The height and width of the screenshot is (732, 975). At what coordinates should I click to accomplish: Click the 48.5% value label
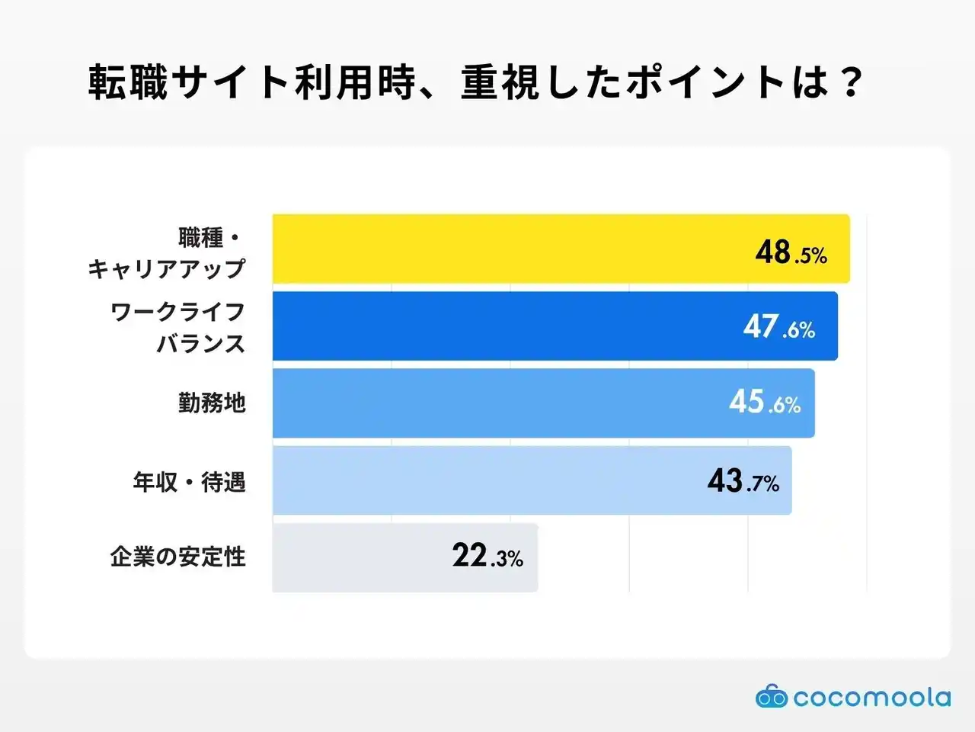791,252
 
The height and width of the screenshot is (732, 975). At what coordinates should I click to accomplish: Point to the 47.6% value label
779,327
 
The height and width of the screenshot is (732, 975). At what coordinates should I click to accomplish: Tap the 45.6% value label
765,402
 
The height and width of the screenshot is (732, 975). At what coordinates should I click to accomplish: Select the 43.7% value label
743,481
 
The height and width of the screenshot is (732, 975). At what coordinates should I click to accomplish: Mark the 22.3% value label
487,556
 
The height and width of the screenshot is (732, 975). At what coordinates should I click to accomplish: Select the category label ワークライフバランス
178,327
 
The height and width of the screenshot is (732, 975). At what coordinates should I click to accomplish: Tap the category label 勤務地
212,403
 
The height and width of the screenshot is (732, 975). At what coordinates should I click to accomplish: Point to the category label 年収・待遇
189,482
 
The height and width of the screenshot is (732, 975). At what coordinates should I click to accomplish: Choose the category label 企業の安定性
177,557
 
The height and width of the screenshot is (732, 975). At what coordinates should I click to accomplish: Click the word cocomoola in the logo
871,698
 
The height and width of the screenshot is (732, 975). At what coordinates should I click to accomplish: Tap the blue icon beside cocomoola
771,696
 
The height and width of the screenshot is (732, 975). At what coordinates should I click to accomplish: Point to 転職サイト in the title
187,82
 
